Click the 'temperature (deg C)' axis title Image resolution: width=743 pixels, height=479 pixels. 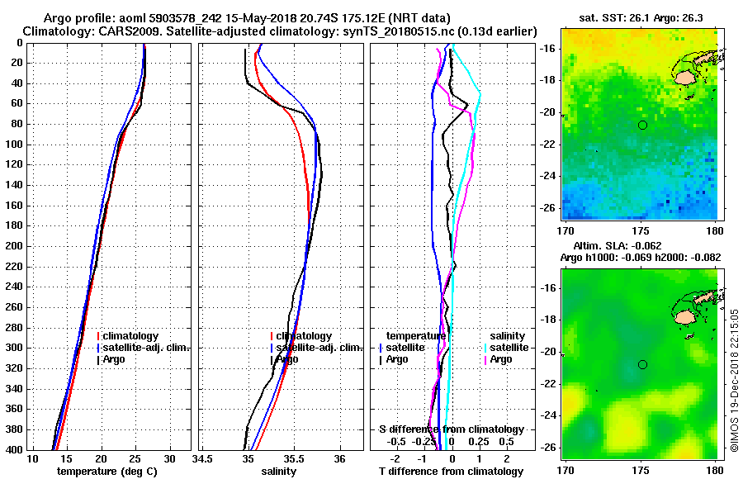tap(106, 471)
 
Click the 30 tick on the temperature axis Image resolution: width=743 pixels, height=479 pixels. tap(169, 458)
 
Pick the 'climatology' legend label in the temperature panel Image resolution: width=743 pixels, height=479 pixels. tap(130, 336)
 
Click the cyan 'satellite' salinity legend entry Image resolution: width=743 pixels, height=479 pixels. tap(509, 348)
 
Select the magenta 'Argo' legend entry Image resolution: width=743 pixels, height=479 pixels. tap(502, 359)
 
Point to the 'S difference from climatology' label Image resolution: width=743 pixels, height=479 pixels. tap(451, 429)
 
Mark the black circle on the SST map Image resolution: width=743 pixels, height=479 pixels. tap(642, 125)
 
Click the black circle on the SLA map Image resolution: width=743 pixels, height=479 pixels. tap(642, 364)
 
